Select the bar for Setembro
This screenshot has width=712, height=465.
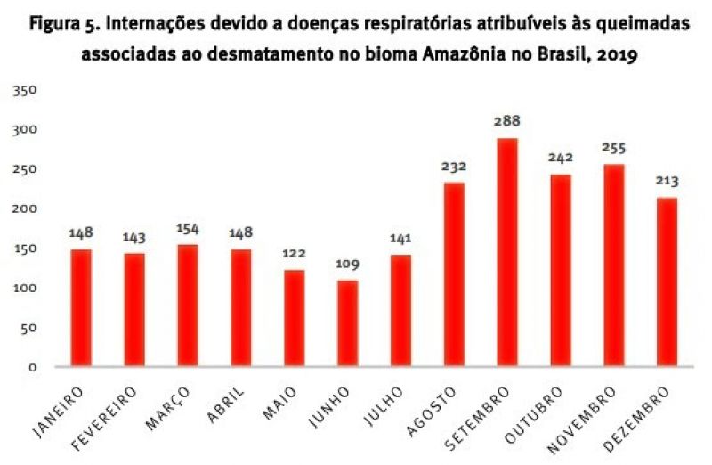tap(507, 252)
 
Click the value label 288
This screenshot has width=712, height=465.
tap(507, 121)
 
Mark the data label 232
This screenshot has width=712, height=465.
tap(454, 166)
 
